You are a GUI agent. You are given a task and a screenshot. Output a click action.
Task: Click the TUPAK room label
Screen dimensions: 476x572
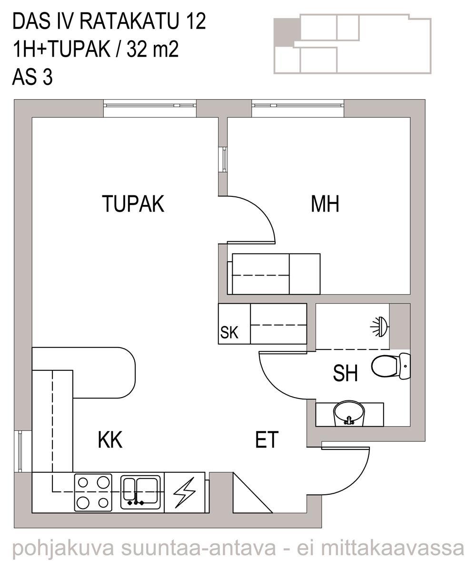coord(133,204)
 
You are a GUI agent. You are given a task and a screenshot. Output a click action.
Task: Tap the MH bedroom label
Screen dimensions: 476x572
coord(325,204)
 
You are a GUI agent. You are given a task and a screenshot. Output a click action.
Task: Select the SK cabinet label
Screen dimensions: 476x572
coord(229,333)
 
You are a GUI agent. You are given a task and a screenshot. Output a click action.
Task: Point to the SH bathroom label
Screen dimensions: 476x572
coord(345,373)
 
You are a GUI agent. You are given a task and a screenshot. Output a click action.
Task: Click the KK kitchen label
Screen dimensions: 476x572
coord(110,439)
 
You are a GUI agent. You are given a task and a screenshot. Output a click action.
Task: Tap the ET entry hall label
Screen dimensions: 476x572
coord(267,439)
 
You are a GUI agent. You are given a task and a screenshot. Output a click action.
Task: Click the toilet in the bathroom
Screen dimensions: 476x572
coord(391,366)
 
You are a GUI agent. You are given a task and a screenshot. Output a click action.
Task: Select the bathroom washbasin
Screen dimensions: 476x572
coord(349,414)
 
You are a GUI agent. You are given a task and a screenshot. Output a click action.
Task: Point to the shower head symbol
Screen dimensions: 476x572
coord(380,326)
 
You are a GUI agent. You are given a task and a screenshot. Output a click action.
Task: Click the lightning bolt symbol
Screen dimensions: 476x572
coord(184,492)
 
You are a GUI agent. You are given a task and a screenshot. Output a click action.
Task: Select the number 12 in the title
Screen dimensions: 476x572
coord(196,21)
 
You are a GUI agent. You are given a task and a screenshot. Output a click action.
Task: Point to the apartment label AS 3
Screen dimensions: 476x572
coord(32,77)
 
